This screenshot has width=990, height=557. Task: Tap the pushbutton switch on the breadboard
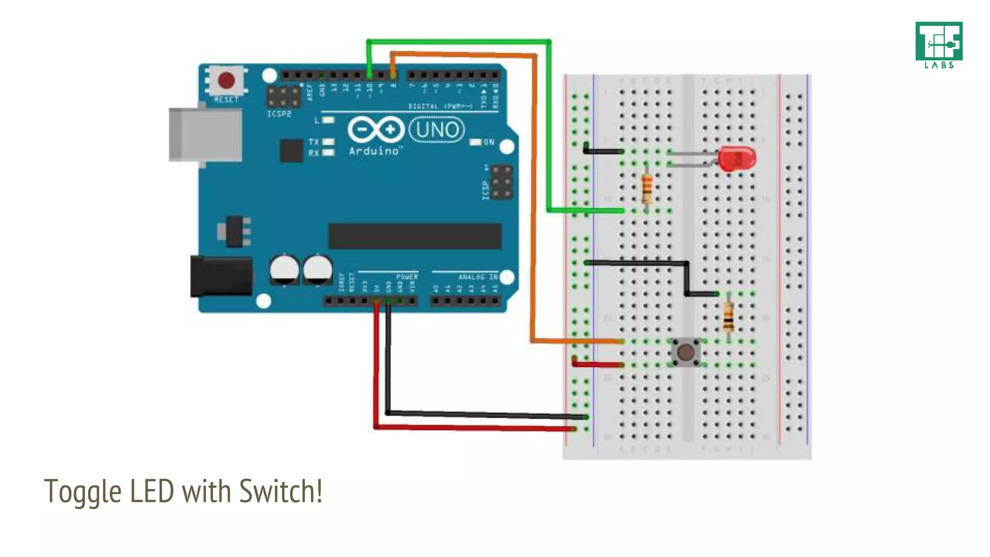685,352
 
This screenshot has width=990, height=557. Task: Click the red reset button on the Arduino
226,80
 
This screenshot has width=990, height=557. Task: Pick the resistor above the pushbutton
728,316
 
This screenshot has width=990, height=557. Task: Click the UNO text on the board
437,130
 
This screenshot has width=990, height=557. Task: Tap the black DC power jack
221,277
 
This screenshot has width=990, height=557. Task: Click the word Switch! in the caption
281,491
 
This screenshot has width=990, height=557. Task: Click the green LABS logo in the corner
939,44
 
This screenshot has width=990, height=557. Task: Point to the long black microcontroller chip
415,236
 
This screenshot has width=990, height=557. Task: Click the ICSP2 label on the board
279,114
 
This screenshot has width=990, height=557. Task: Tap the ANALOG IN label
478,277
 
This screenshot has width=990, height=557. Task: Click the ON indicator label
489,142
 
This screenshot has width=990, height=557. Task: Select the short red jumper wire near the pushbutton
598,364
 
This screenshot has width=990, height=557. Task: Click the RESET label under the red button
226,100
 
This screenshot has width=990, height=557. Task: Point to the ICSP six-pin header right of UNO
502,182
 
